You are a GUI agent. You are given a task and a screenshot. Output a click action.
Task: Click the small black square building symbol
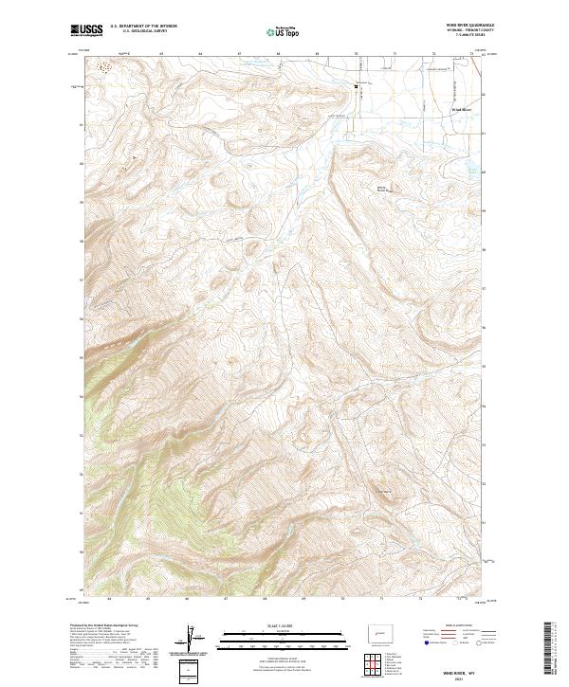(358, 88)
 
